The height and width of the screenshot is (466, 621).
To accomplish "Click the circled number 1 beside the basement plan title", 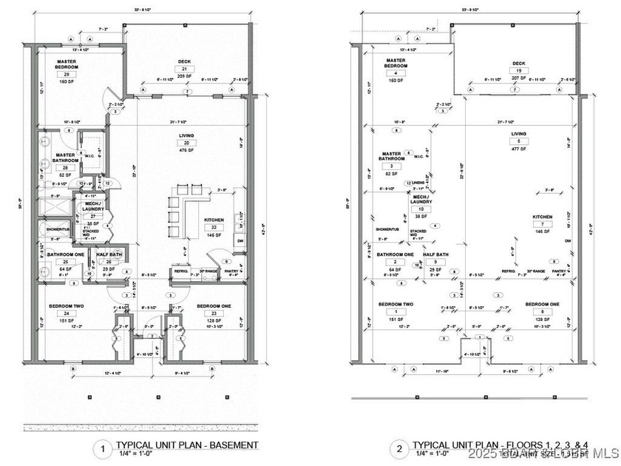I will (x=100, y=448).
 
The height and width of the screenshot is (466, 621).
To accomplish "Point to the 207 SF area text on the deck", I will (x=519, y=77).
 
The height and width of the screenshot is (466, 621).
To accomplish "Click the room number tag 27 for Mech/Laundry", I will (x=92, y=216).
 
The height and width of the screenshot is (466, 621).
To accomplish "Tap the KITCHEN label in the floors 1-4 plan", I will (x=543, y=217).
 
